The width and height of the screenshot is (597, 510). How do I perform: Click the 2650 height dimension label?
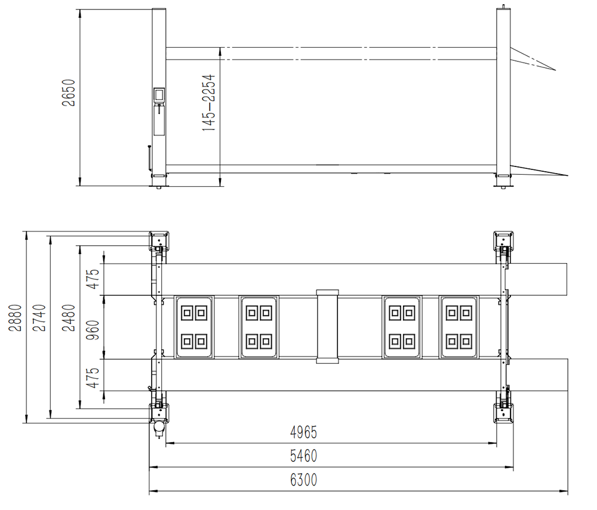69,92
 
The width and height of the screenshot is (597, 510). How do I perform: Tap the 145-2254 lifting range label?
208,103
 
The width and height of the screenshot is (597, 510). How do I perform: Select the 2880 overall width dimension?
16,317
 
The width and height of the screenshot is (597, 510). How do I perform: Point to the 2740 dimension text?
39,317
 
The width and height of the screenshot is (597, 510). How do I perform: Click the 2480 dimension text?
69,317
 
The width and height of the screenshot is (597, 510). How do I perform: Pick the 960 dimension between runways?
93,330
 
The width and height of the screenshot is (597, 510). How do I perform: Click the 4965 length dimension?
303,432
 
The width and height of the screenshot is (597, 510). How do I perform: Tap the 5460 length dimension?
303,456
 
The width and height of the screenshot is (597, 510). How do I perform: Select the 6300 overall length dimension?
303,480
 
